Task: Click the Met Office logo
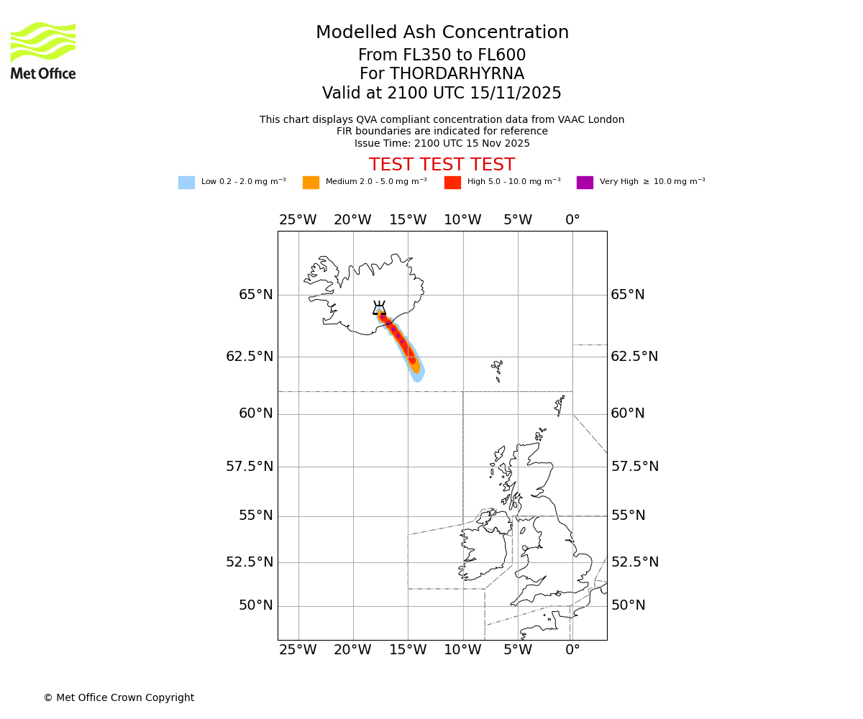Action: click(x=43, y=50)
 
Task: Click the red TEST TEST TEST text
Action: click(x=442, y=165)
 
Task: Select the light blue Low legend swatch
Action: click(x=186, y=183)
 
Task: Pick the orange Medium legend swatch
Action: click(x=311, y=183)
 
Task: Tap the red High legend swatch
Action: click(x=452, y=183)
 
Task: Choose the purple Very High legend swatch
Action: click(x=585, y=183)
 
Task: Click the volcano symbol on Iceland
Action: click(x=379, y=308)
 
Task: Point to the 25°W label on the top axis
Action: click(x=298, y=220)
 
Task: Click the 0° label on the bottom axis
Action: click(x=572, y=650)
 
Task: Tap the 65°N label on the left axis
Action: click(x=255, y=295)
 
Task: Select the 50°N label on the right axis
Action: click(x=628, y=605)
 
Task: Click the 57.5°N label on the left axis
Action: click(x=250, y=467)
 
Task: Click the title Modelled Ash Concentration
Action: click(x=442, y=32)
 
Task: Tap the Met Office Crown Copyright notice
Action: click(x=119, y=697)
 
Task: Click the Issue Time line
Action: click(x=442, y=143)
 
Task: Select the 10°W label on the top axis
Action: click(x=462, y=220)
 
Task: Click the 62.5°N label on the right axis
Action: click(x=634, y=357)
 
